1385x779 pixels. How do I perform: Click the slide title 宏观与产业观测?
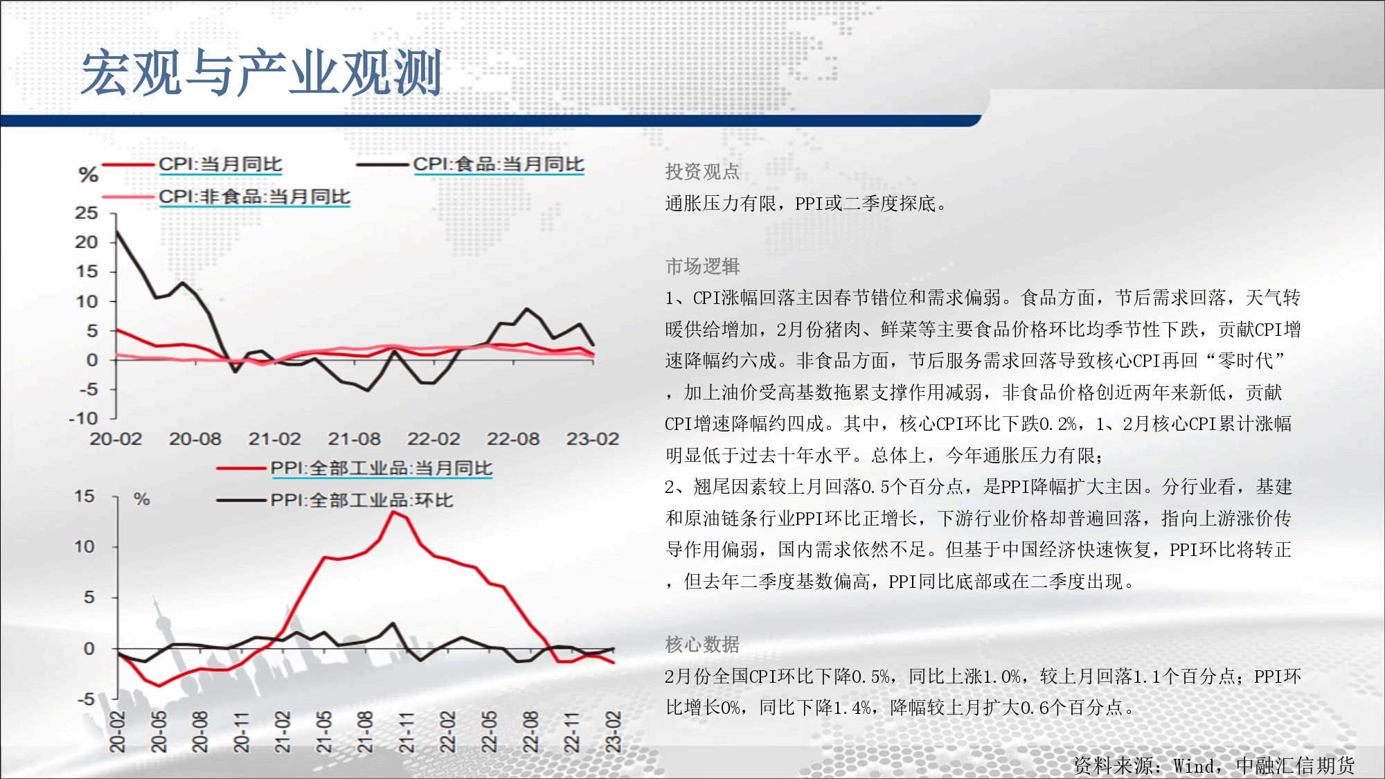point(262,72)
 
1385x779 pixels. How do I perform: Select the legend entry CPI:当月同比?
point(220,164)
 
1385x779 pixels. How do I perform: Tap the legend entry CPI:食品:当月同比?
point(499,164)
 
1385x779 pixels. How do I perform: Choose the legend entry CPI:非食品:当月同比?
point(254,197)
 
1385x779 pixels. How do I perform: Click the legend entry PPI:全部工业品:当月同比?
point(381,468)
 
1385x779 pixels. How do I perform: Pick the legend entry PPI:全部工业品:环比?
point(361,500)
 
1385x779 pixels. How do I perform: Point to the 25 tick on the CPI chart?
point(87,213)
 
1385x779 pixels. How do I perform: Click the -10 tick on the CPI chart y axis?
point(84,418)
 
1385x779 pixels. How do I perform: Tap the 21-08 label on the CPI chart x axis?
point(354,439)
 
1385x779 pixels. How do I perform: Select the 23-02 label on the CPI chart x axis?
point(592,439)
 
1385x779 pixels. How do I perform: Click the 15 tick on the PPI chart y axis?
point(84,496)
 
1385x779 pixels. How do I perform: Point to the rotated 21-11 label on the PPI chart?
point(406,732)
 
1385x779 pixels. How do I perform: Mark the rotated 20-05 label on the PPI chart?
point(159,732)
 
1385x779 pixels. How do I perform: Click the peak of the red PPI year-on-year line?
point(393,512)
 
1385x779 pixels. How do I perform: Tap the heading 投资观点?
point(702,172)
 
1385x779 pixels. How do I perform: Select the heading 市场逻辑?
point(702,267)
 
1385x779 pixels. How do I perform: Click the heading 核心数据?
point(702,645)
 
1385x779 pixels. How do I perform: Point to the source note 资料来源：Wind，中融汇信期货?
point(1214,765)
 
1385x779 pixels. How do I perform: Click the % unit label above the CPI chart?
point(89,174)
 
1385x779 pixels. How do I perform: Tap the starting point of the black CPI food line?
point(116,231)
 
